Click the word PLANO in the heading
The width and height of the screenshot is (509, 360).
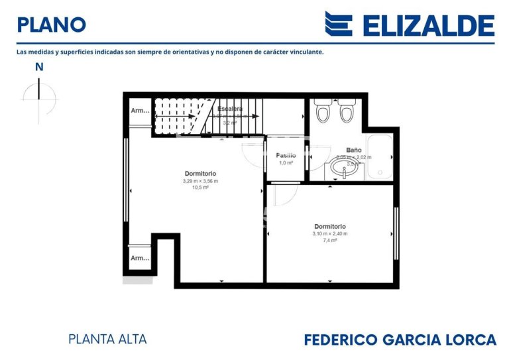point(51,25)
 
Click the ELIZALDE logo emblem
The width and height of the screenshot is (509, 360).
point(338,24)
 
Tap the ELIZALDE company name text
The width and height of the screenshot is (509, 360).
point(428,25)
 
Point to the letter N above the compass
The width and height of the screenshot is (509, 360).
point(39,66)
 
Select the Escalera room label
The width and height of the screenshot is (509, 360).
point(230,109)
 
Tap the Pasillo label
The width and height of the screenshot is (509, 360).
point(286,155)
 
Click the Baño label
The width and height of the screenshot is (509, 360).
point(353,150)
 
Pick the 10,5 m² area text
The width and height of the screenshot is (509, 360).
point(200,188)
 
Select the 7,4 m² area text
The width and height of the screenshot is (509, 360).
point(329,241)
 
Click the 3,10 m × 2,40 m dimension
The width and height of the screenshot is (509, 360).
point(329,233)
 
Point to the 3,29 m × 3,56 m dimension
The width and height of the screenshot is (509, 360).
point(200,181)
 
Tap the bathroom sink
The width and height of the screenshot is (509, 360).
point(345,172)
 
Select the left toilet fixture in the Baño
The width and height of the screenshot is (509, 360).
point(323,113)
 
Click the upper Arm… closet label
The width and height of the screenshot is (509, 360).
point(140,111)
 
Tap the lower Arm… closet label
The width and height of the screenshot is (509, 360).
point(140,258)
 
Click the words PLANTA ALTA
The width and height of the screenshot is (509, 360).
point(107,339)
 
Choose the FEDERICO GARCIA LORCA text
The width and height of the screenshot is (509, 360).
point(400,339)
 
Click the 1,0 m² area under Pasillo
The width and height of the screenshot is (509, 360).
point(286,162)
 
